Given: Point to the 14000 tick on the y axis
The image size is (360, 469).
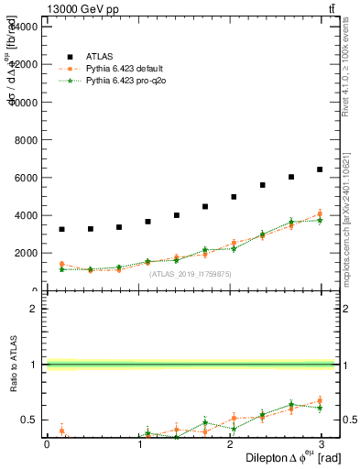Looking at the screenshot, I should [x=21, y=27].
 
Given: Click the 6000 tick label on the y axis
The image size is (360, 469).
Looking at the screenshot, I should [x=24, y=178].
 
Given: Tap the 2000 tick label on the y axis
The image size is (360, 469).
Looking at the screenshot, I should [x=24, y=254].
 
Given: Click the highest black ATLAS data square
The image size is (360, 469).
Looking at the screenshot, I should [x=319, y=169].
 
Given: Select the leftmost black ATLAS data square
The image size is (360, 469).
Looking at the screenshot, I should [x=61, y=229].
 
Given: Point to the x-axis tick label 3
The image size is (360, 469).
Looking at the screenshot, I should [x=322, y=444].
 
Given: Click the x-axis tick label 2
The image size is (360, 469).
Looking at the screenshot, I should [x=231, y=444].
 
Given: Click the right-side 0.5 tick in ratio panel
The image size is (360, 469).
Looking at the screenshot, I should [x=349, y=420].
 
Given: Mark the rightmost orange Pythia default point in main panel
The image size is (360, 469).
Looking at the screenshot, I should [x=319, y=214].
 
